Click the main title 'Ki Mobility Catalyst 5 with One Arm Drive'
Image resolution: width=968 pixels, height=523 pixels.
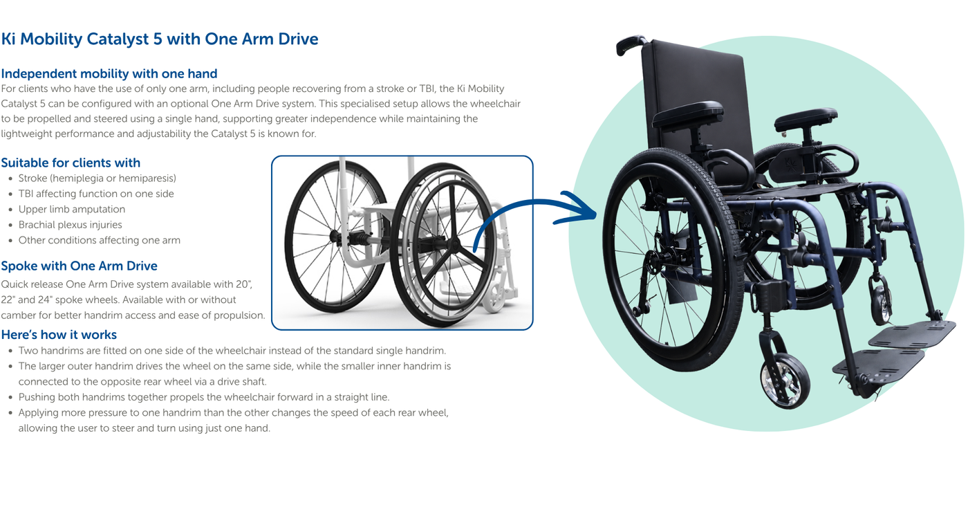pos(160,39)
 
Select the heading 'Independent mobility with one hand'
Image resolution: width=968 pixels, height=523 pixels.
pos(109,73)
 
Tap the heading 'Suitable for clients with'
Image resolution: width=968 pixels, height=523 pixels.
pos(71,163)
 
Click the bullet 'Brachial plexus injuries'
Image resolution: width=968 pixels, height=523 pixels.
pos(70,225)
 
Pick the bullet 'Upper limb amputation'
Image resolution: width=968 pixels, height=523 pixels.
pos(72,209)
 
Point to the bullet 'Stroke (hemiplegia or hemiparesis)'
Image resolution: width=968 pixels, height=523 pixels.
pos(97,178)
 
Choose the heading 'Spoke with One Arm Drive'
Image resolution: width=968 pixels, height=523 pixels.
pos(79,266)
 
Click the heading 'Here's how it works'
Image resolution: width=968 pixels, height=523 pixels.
pos(59,335)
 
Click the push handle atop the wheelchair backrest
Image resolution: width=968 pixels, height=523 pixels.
pos(631,44)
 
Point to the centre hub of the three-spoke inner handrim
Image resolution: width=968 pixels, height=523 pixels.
pos(454,244)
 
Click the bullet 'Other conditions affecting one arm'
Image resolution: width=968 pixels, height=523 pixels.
pos(100,240)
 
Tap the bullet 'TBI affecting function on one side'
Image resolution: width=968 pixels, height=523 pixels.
pos(96,194)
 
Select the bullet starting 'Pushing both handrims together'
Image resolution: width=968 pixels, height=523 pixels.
pos(204,397)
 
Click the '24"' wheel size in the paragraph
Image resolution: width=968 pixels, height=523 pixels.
pos(45,300)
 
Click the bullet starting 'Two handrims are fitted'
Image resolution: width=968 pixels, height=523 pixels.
pos(232,351)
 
